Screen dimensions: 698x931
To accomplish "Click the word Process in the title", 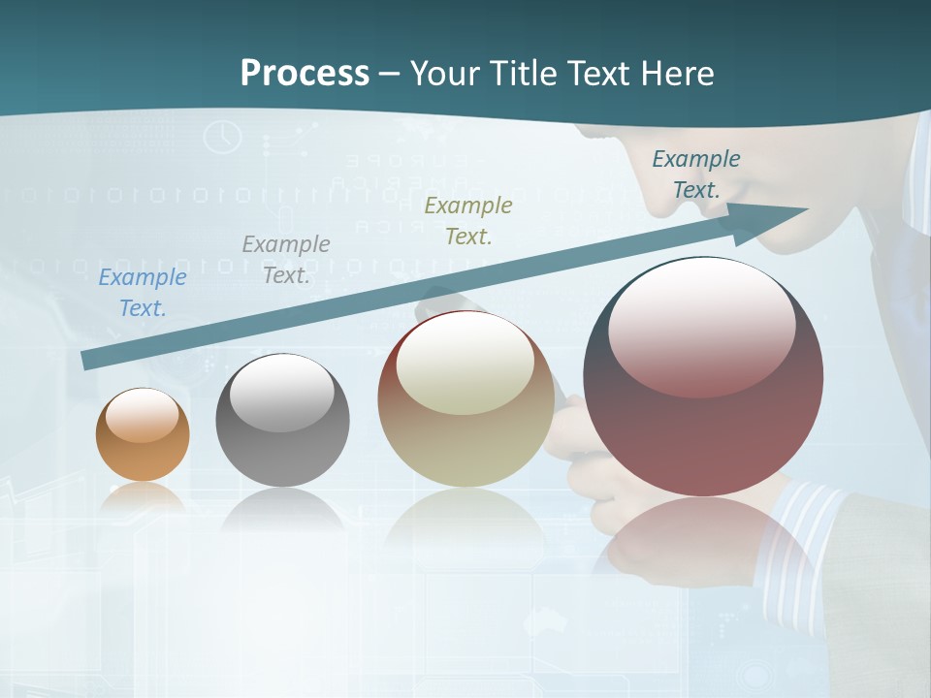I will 305,74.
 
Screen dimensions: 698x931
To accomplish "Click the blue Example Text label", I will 143,293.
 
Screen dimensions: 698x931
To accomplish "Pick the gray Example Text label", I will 286,259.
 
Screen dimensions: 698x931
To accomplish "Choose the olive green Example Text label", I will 468,220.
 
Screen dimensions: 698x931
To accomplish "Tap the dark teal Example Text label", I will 696,174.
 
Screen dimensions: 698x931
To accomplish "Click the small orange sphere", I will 143,451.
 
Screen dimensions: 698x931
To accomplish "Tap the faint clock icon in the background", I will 222,137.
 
